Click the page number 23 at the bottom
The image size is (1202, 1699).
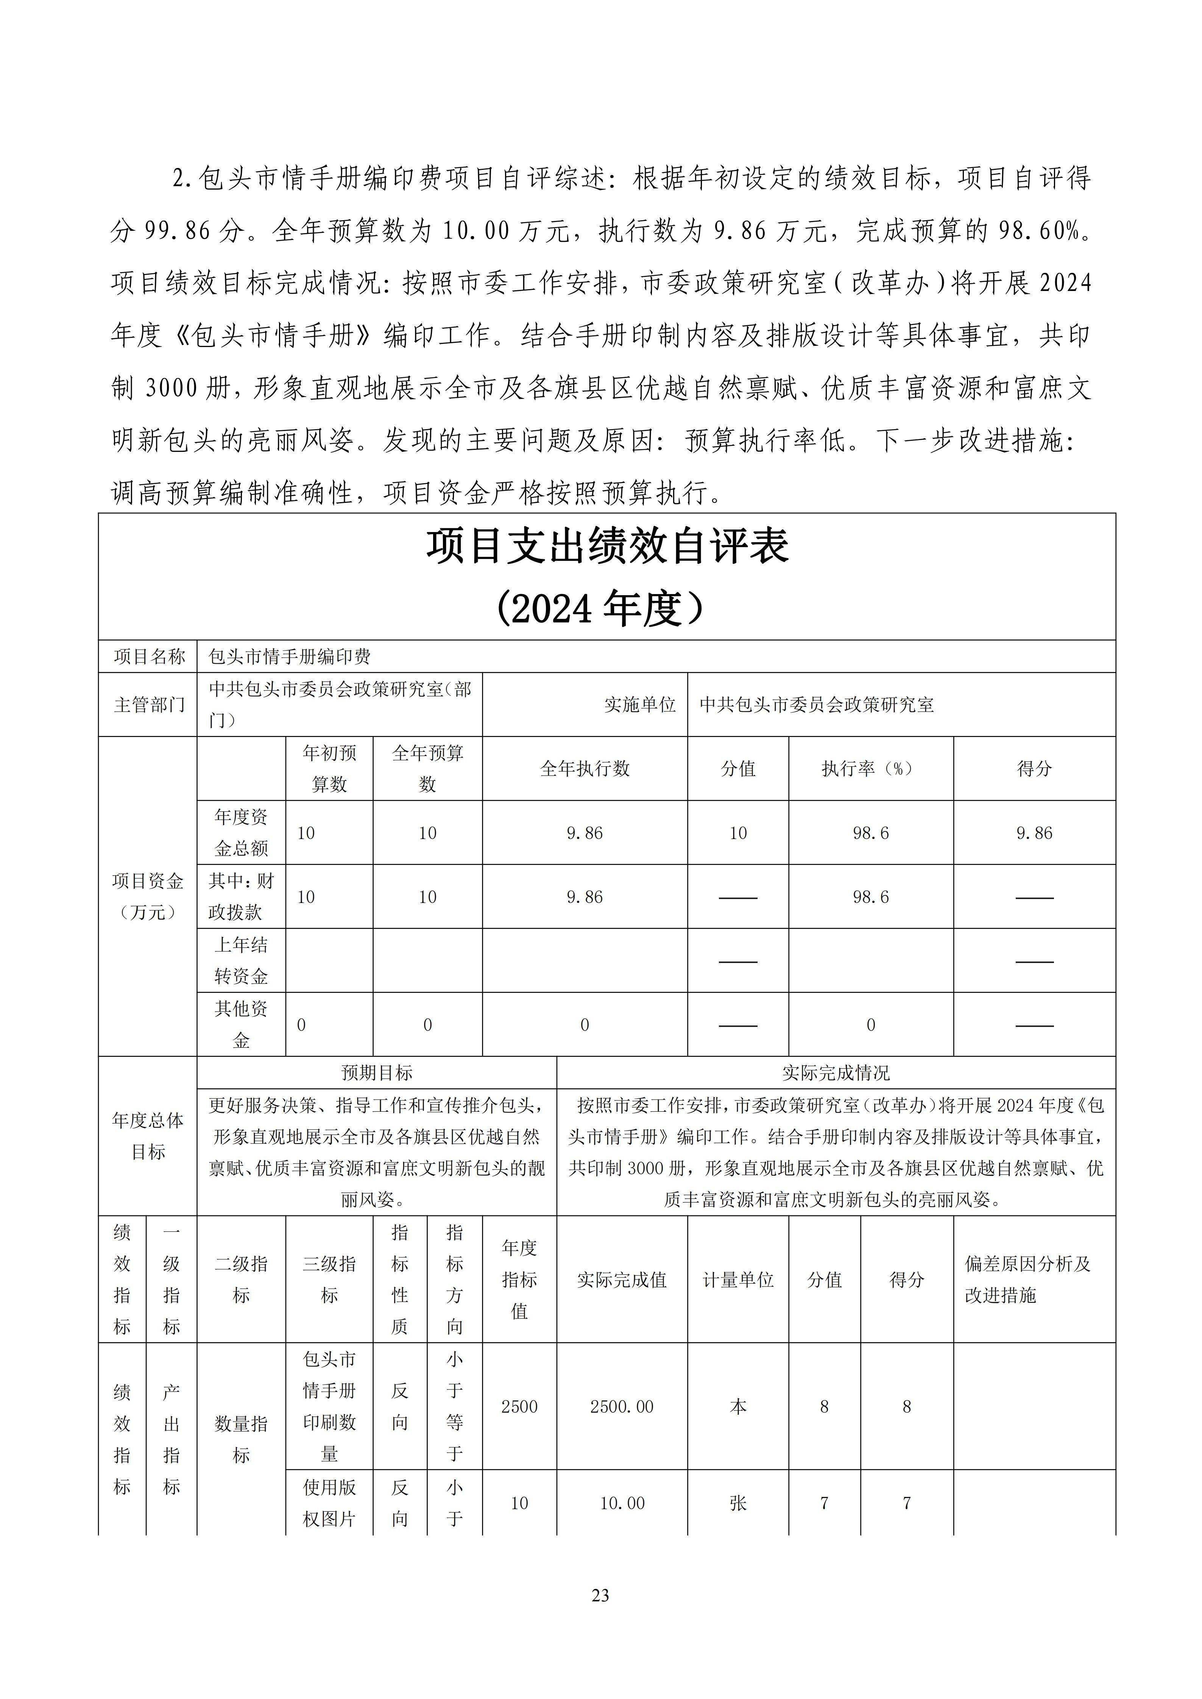(600, 1595)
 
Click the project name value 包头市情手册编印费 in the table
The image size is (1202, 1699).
(289, 657)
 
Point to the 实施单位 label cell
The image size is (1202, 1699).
(639, 705)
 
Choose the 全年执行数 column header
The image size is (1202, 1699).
(585, 768)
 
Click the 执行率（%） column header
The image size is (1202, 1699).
(870, 768)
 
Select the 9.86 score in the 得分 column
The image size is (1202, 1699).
(1034, 832)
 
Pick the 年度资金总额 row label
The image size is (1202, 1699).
(241, 832)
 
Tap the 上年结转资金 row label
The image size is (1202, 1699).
(241, 960)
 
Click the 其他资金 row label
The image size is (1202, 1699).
(241, 1024)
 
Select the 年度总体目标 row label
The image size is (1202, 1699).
(148, 1136)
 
